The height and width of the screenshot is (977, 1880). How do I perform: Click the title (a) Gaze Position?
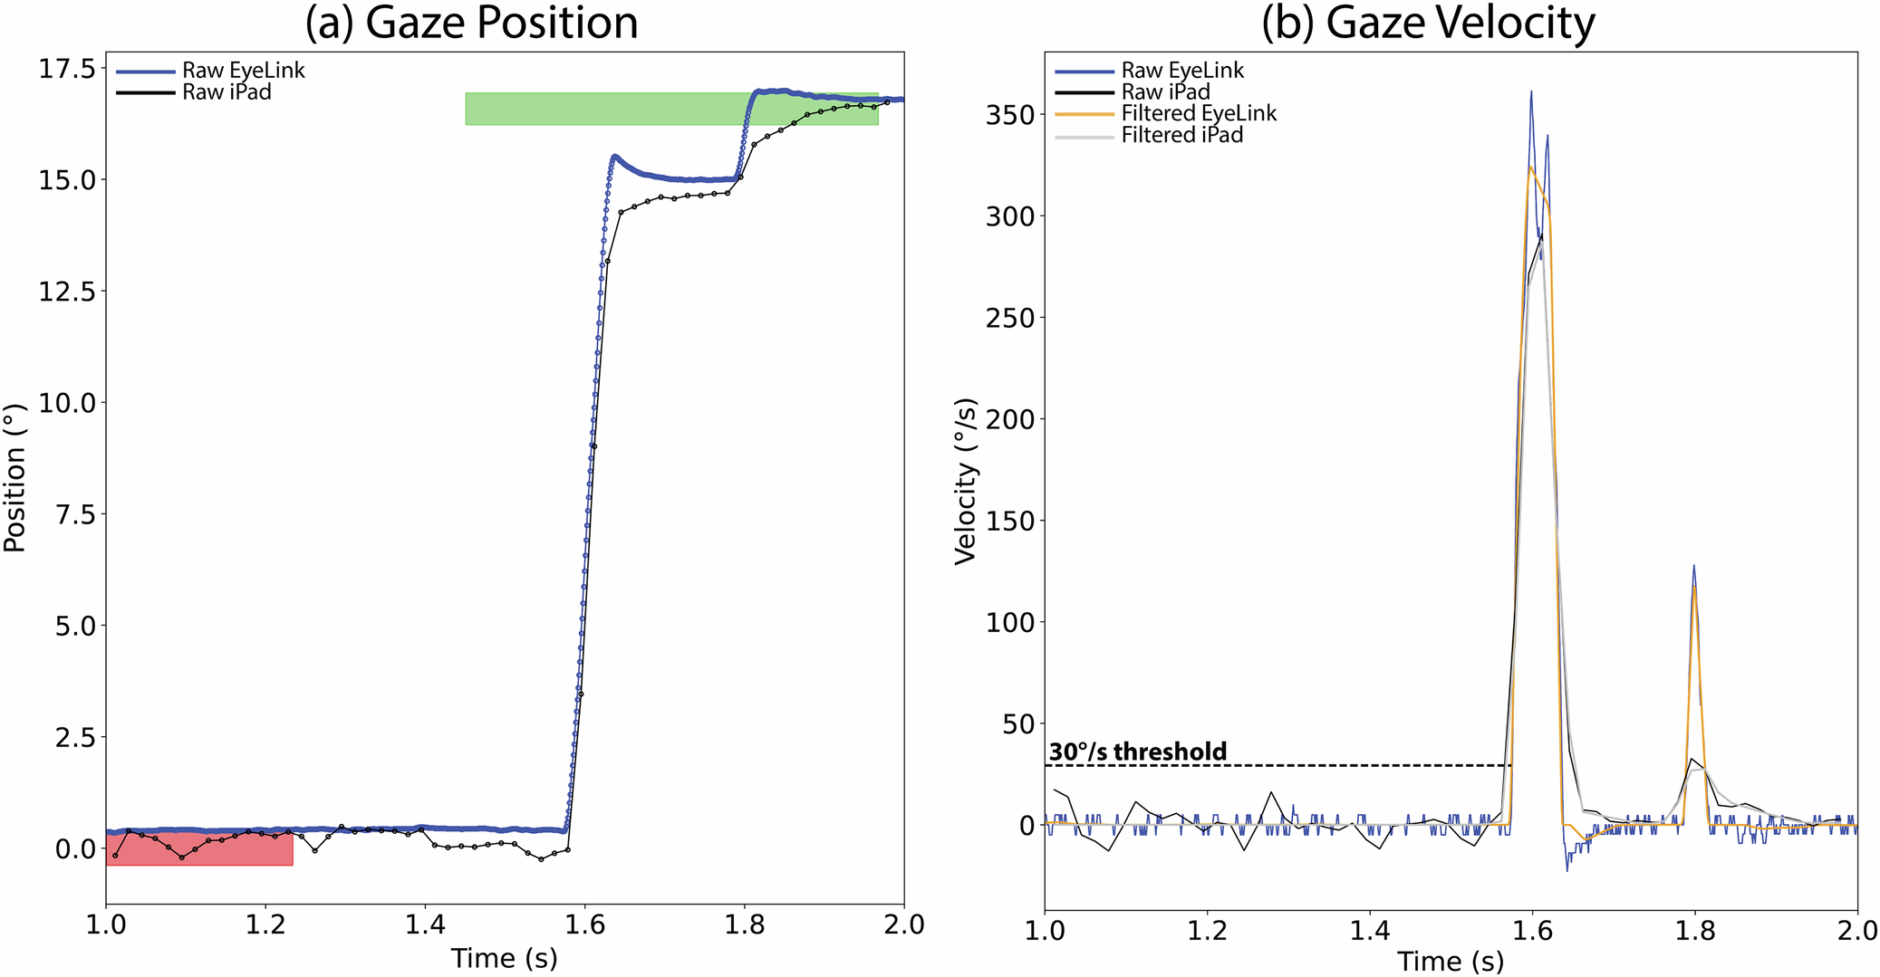click(471, 23)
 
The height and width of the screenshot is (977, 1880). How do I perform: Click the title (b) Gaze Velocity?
click(1428, 23)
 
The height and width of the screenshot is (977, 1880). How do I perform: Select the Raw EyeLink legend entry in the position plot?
click(243, 71)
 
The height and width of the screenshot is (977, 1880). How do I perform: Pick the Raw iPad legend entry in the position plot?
click(227, 92)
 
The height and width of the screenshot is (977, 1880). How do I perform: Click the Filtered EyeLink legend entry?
click(1198, 114)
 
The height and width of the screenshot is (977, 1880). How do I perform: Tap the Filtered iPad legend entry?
click(1181, 136)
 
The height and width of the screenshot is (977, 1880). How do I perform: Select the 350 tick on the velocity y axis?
click(1010, 115)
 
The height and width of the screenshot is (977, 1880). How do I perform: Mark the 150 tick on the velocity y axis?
click(1010, 521)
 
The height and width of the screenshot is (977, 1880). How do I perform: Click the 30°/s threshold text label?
click(1138, 752)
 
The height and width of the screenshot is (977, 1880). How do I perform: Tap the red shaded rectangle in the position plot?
click(199, 849)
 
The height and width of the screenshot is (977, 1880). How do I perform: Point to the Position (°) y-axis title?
click(14, 477)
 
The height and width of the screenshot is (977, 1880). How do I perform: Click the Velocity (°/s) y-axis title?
click(966, 481)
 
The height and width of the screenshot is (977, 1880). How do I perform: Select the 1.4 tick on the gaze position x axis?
click(425, 924)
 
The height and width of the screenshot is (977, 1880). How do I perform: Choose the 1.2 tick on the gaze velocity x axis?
click(1207, 930)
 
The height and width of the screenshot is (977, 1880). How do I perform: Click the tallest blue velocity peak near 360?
click(1531, 93)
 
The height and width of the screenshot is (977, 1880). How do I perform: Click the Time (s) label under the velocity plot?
click(1450, 961)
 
